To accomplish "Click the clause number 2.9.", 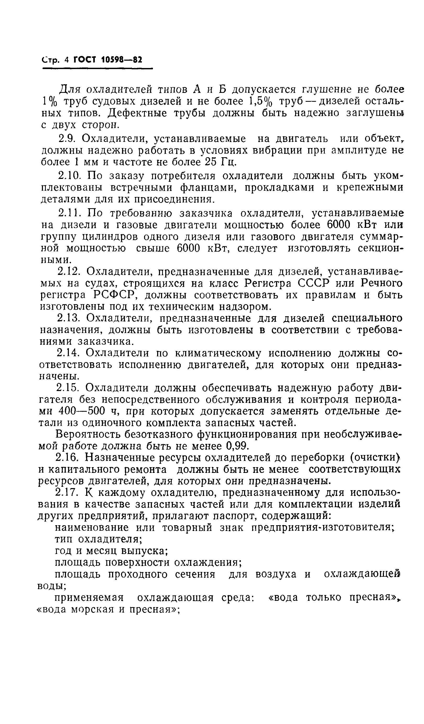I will click(67, 139).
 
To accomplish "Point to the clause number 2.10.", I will click(68, 176).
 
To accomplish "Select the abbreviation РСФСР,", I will click(114, 295).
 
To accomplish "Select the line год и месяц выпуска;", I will click(111, 551).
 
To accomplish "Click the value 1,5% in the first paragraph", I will click(260, 101).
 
